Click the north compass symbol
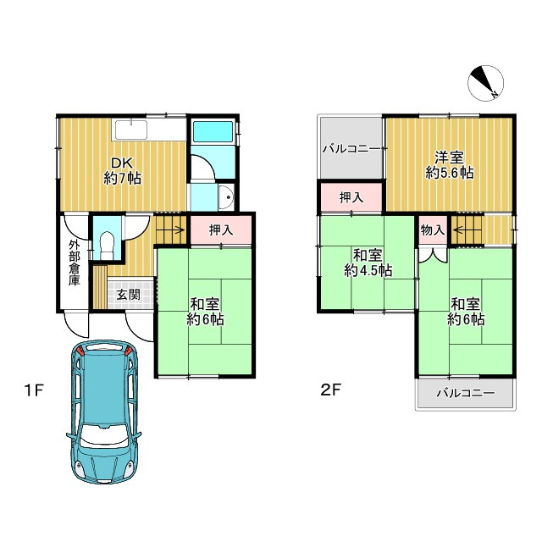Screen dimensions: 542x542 485,83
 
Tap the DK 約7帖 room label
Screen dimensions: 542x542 122,171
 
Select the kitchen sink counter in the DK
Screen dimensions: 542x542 131,130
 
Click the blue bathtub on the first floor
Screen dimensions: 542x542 213,131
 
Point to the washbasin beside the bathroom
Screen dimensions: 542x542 227,197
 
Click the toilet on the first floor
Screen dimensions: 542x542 107,245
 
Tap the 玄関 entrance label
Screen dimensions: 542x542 128,295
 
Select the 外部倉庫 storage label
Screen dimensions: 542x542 74,263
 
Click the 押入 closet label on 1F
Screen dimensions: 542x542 221,230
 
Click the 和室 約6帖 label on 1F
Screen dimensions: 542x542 205,312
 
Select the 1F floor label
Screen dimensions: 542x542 34,390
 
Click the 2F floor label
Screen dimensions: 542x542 331,390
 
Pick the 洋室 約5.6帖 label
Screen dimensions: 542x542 450,165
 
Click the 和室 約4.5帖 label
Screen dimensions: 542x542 368,263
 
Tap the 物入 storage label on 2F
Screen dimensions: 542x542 433,230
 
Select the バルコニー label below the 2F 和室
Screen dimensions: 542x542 465,393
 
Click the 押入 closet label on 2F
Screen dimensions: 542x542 351,197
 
